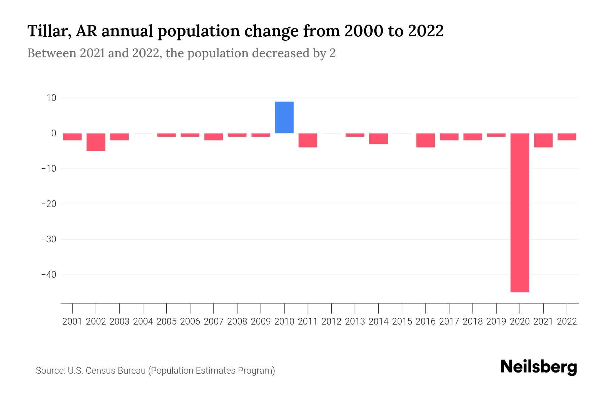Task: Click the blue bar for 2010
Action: tap(284, 117)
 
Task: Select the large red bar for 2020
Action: tap(519, 213)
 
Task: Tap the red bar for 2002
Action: tap(96, 142)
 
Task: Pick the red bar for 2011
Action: tap(308, 140)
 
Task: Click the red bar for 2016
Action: tap(426, 140)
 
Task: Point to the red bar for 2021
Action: tap(543, 140)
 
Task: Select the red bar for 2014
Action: tap(378, 139)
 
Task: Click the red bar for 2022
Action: tap(567, 137)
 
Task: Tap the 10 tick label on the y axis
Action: tap(51, 98)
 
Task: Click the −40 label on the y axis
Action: tap(48, 275)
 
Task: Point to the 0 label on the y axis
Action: tap(54, 133)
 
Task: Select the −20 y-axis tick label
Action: tap(48, 204)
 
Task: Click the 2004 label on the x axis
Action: tap(143, 322)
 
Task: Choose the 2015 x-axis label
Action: tap(402, 322)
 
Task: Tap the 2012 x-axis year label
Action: tap(331, 322)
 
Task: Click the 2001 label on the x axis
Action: tap(72, 322)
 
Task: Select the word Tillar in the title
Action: tap(48, 31)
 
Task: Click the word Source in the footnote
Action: tap(50, 371)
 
